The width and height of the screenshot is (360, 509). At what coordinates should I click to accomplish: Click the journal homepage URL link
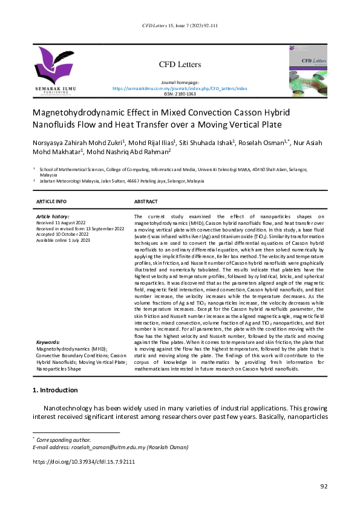click(x=180, y=88)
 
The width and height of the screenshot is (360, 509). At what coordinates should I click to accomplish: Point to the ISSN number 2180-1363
click(x=180, y=94)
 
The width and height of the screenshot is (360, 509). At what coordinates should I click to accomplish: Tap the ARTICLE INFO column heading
click(x=51, y=201)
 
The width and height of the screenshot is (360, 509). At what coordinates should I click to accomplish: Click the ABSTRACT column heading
click(x=146, y=201)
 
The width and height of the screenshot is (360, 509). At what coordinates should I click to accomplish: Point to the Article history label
click(x=53, y=216)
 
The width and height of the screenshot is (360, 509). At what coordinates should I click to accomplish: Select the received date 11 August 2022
click(x=62, y=222)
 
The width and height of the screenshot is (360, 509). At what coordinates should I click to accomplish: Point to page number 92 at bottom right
click(x=324, y=487)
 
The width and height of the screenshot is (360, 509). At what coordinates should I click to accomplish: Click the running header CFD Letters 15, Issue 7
click(x=180, y=26)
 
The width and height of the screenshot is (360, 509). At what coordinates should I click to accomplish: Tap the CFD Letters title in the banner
click(x=180, y=65)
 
